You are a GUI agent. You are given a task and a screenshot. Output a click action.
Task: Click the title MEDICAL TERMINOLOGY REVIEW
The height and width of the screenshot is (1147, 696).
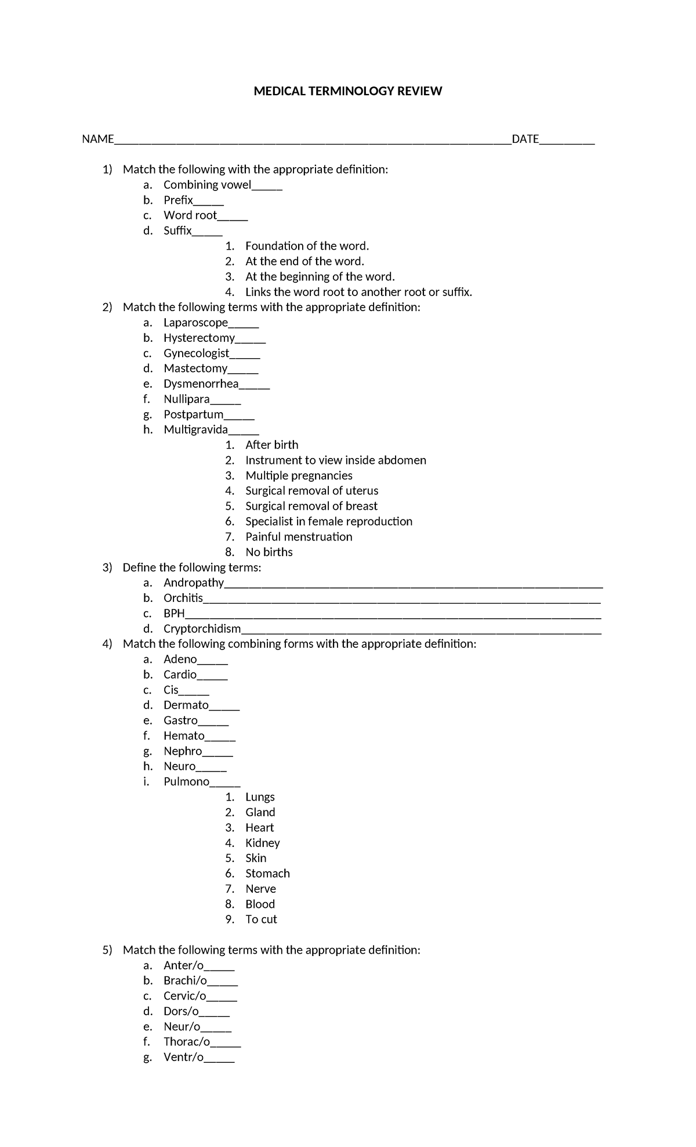347,91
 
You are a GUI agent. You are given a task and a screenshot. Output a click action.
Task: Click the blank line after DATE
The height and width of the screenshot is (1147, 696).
567,141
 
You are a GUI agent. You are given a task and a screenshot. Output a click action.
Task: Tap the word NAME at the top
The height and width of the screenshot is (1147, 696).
97,139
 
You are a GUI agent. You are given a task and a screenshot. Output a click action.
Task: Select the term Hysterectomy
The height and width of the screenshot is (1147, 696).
199,338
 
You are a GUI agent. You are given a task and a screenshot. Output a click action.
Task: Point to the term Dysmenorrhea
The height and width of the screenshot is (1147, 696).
201,384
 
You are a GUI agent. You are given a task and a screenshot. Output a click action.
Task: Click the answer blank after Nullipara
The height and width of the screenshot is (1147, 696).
226,401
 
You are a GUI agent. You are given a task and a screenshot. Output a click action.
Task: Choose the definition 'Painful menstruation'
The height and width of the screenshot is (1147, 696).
298,537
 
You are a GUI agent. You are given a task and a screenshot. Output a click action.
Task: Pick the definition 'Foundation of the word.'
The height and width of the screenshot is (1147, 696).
307,246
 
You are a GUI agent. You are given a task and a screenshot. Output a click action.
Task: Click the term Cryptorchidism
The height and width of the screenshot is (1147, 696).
202,629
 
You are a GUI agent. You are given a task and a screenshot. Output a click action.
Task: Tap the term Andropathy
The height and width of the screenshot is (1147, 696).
194,583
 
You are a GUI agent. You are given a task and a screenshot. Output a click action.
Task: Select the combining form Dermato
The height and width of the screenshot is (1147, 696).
186,705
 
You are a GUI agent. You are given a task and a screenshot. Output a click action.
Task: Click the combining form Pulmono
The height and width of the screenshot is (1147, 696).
186,782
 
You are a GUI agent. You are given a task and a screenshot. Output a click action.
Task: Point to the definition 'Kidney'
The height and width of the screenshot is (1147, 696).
262,843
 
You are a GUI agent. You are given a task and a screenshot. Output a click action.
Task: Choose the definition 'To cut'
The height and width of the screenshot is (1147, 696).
261,919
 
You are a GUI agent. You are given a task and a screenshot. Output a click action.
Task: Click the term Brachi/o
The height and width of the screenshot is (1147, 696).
185,981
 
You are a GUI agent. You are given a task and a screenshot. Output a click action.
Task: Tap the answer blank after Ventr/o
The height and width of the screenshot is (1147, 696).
219,1059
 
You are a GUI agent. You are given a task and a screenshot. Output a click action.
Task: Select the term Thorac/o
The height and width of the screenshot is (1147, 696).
187,1042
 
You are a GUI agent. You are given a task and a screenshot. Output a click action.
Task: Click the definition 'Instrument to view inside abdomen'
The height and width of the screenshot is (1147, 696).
335,460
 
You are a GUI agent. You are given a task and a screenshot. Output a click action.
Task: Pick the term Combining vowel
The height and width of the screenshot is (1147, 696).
207,185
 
